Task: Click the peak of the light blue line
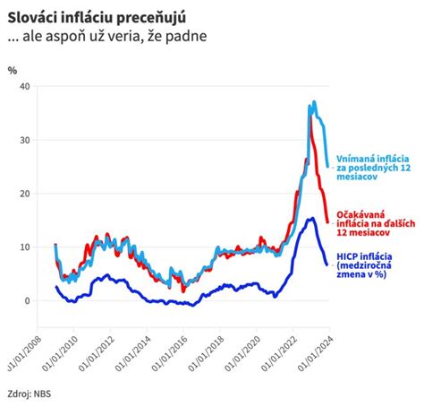[314, 103]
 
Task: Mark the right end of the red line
[328, 221]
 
